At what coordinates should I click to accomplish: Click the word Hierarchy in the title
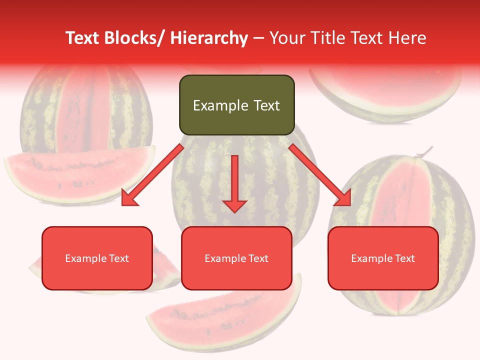[x=209, y=38]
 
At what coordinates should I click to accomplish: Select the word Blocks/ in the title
[x=134, y=38]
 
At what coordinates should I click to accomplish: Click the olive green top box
[x=236, y=105]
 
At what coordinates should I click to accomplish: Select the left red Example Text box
[x=97, y=258]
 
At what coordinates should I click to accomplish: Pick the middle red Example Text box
[x=236, y=258]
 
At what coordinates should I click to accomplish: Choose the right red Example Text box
[x=383, y=258]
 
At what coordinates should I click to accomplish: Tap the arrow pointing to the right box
[x=320, y=175]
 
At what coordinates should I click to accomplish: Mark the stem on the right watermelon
[x=425, y=151]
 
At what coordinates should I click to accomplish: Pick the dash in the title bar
[x=258, y=38]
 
